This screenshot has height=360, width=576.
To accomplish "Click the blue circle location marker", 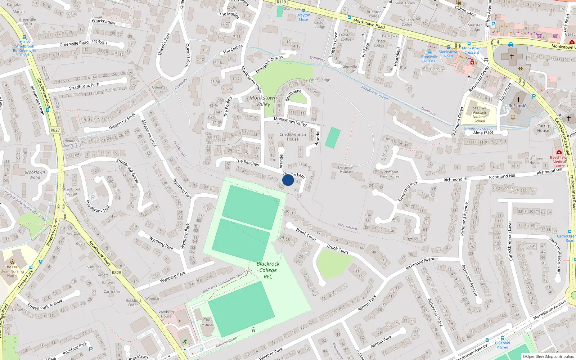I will pyautogui.click(x=288, y=180).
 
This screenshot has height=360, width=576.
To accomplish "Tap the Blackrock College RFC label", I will pyautogui.click(x=268, y=270).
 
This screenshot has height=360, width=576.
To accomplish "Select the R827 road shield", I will pyautogui.click(x=55, y=130).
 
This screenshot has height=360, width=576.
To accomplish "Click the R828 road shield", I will pyautogui.click(x=116, y=273).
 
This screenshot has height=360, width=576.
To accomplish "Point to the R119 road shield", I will pyautogui.click(x=281, y=2).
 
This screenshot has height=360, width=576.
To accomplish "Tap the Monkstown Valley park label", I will pyautogui.click(x=263, y=101).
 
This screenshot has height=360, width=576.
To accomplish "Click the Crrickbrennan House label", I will pyautogui.click(x=293, y=137).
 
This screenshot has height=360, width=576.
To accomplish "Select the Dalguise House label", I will pyautogui.click(x=345, y=169).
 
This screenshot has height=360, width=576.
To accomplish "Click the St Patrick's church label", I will pyautogui.click(x=518, y=106).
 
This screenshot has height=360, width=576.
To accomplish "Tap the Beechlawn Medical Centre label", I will pyautogui.click(x=559, y=162).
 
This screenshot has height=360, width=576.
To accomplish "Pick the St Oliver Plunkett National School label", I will pyautogui.click(x=480, y=114).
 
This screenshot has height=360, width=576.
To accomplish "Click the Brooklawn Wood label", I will pyautogui.click(x=35, y=175).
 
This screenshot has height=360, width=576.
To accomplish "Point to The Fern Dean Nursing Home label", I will pyautogui.click(x=12, y=271).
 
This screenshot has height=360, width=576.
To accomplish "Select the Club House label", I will pyautogui.click(x=207, y=322).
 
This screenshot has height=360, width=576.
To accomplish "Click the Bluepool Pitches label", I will pyautogui.click(x=503, y=345).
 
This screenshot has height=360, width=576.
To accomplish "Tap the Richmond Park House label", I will pyautogui.click(x=390, y=174).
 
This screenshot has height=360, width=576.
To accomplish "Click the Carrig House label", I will pyautogui.click(x=543, y=128).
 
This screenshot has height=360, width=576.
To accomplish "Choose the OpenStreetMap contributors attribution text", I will pyautogui.click(x=548, y=357).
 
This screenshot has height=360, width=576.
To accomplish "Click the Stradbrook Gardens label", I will pyautogui.click(x=70, y=143).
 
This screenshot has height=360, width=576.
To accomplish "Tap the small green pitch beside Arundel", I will pyautogui.click(x=333, y=138).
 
